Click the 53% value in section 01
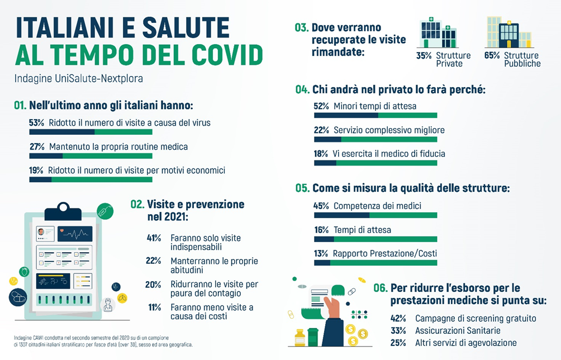(36, 122)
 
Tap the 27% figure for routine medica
(37, 146)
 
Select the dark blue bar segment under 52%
(346, 115)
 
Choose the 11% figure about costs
(154, 307)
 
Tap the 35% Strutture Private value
(424, 56)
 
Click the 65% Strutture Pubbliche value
(492, 56)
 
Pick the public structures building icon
(507, 32)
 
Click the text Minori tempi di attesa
(374, 106)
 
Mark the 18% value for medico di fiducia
(321, 154)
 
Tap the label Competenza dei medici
(377, 206)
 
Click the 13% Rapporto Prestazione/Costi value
(321, 254)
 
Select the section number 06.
(381, 288)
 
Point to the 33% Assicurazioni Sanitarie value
(398, 330)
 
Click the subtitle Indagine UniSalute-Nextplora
(79, 79)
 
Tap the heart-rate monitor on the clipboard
(74, 233)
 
